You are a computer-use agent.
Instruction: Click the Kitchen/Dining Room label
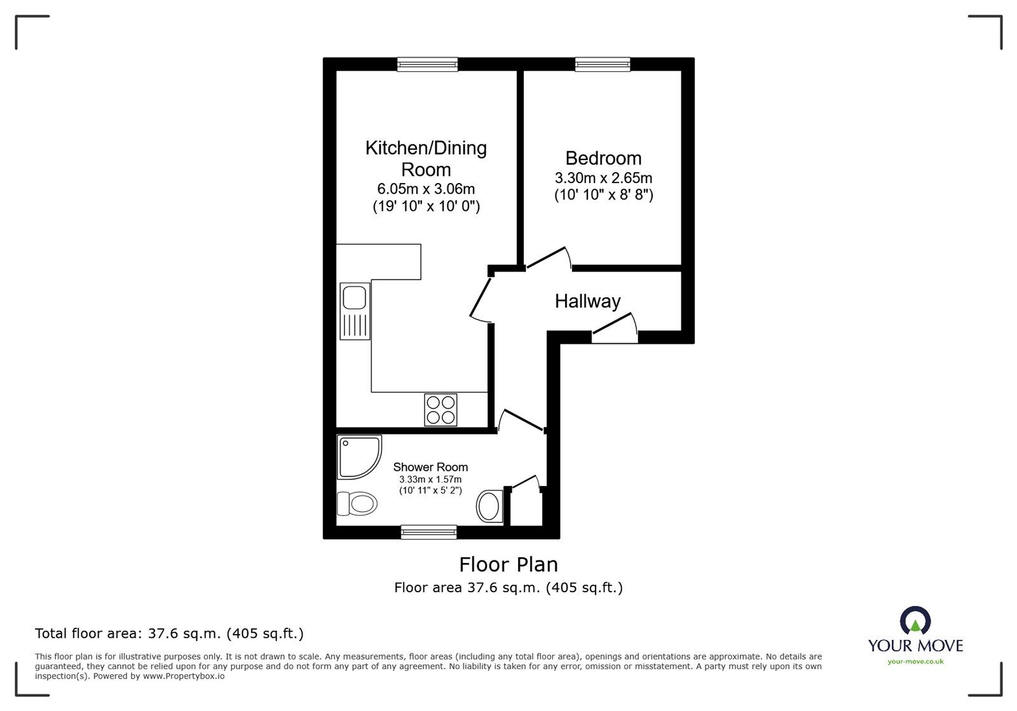426,158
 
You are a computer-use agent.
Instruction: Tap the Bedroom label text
603,158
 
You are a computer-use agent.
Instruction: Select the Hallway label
587,301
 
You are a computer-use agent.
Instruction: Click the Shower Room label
430,467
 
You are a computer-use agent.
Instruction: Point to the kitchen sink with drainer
355,311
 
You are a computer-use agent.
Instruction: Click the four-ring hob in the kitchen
440,410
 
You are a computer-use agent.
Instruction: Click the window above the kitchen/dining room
427,64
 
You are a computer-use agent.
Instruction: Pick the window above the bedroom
603,64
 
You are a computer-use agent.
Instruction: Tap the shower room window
428,532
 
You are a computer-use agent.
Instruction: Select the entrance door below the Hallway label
615,327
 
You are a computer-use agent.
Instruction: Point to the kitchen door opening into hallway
481,297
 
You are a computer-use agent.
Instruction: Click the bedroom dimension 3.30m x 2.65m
603,178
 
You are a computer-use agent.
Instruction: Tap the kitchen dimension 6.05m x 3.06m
426,189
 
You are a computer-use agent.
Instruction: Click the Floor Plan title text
508,564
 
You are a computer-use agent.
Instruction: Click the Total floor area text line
169,633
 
